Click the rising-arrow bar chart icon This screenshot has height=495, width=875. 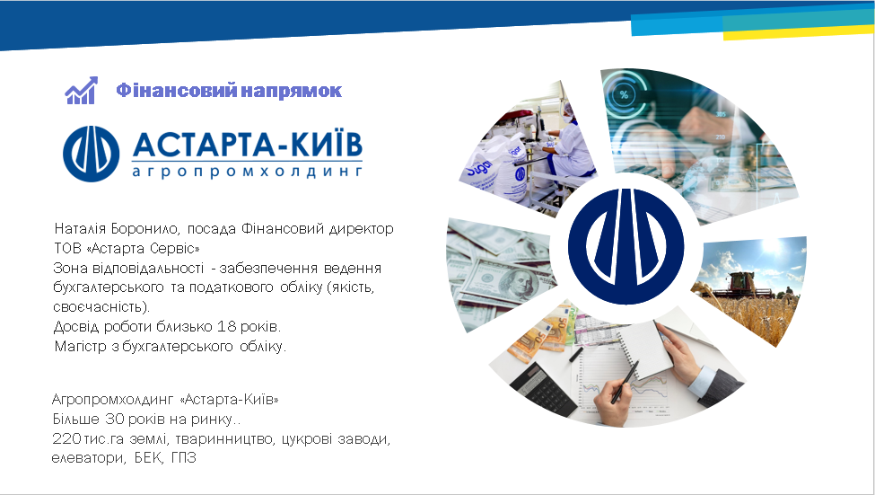(x=82, y=90)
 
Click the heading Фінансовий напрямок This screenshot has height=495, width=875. (x=229, y=91)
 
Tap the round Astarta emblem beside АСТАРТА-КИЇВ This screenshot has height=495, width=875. (x=91, y=153)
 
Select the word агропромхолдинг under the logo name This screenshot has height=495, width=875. (x=247, y=171)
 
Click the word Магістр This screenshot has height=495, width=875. (x=81, y=347)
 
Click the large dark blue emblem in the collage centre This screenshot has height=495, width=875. (x=626, y=246)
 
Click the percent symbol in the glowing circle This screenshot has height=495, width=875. (x=624, y=94)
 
